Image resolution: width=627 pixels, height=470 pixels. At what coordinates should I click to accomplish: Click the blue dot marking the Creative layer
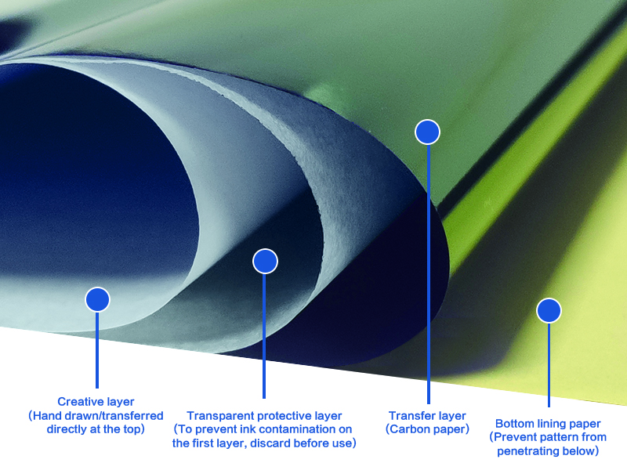(97, 299)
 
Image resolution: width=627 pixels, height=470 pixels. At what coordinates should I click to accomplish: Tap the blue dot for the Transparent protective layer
(266, 262)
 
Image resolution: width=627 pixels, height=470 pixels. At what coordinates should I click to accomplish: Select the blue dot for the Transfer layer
(427, 132)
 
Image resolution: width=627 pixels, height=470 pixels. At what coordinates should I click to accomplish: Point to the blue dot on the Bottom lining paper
(549, 311)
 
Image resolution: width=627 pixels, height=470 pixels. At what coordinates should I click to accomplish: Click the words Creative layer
(96, 402)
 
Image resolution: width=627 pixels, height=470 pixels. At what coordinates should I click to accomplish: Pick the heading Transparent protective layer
(264, 416)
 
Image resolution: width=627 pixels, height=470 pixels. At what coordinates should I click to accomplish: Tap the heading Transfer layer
(427, 416)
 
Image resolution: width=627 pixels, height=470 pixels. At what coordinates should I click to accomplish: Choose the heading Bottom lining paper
(548, 424)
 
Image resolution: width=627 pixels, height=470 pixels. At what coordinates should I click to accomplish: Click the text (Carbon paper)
(427, 429)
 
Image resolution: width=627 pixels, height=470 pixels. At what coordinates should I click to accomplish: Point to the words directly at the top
(96, 428)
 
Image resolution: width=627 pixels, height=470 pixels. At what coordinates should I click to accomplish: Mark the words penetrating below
(553, 450)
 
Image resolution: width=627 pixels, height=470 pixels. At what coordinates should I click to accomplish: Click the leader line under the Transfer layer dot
(428, 274)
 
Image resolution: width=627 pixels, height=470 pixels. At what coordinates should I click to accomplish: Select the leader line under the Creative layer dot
(97, 349)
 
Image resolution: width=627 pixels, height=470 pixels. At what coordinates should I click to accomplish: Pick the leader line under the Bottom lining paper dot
(549, 364)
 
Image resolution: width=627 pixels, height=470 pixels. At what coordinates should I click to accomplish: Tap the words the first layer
(209, 443)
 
